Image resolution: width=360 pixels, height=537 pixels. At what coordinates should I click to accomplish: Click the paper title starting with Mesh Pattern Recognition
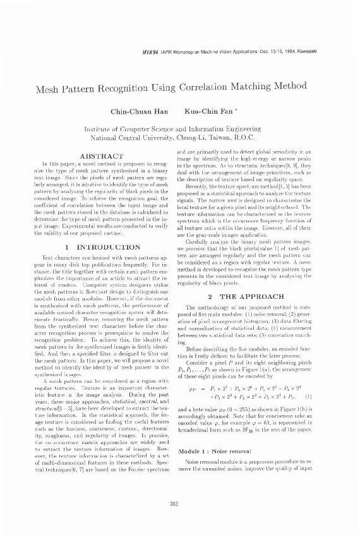pyautogui.click(x=180, y=90)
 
